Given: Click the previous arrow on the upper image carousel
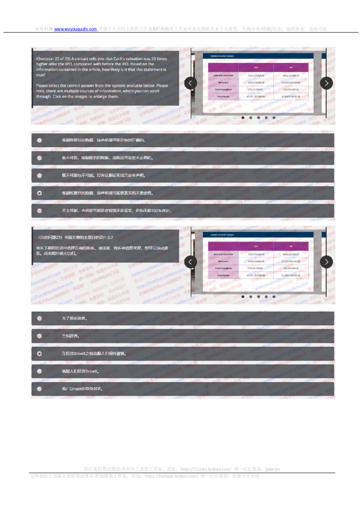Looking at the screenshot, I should [191, 83].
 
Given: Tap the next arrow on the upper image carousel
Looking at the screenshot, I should [326, 83].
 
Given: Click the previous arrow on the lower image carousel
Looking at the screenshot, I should [191, 262].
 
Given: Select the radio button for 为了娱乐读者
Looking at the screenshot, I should [40, 318].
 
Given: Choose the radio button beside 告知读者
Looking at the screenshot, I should [40, 336].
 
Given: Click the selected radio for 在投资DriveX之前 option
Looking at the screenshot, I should [40, 353].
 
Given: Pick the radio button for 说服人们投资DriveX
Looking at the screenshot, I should [40, 371].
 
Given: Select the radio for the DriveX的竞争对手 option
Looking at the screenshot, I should [40, 389].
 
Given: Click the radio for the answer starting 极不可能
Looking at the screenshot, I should [40, 158].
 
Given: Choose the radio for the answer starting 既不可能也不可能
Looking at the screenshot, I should [40, 175].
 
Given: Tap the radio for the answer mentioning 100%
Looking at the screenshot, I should [40, 210].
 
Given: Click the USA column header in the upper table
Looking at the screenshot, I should [256, 67].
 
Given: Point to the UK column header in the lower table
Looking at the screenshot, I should [291, 246].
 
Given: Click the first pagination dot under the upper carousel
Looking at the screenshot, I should [243, 118].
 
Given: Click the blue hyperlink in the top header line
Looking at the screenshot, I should [76, 30].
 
